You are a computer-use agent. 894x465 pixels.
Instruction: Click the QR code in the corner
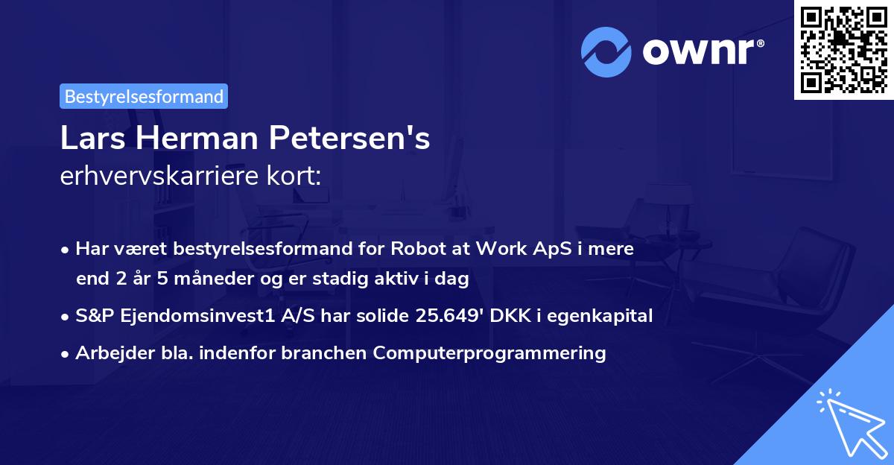[x=844, y=49]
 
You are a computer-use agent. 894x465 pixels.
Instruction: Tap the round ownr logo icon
[x=606, y=51]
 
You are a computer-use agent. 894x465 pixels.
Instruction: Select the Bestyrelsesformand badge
[x=144, y=96]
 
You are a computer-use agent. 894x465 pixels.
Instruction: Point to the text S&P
[x=92, y=316]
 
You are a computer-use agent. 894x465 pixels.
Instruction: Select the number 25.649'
[x=448, y=316]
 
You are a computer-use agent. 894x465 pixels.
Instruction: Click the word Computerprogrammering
[x=489, y=353]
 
